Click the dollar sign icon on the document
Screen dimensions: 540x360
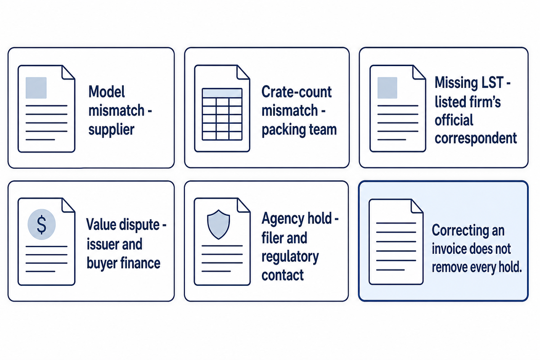tap(41, 224)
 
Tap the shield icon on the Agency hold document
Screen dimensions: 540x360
tap(218, 225)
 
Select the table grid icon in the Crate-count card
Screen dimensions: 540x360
tap(222, 114)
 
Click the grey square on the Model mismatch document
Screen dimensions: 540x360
tap(36, 88)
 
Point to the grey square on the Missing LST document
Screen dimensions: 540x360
tap(387, 88)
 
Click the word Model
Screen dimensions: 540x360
tap(107, 92)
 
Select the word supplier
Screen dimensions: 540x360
tap(111, 130)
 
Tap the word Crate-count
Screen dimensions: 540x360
tap(297, 92)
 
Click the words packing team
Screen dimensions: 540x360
tap(299, 130)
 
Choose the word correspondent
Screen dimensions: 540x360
tap(476, 139)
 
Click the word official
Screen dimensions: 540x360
tap(454, 120)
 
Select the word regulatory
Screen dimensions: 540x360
tap(290, 257)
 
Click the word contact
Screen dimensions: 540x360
tap(283, 275)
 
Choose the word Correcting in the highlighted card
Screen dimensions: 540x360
tap(460, 231)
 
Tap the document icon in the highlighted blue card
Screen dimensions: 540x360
tap(396, 242)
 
